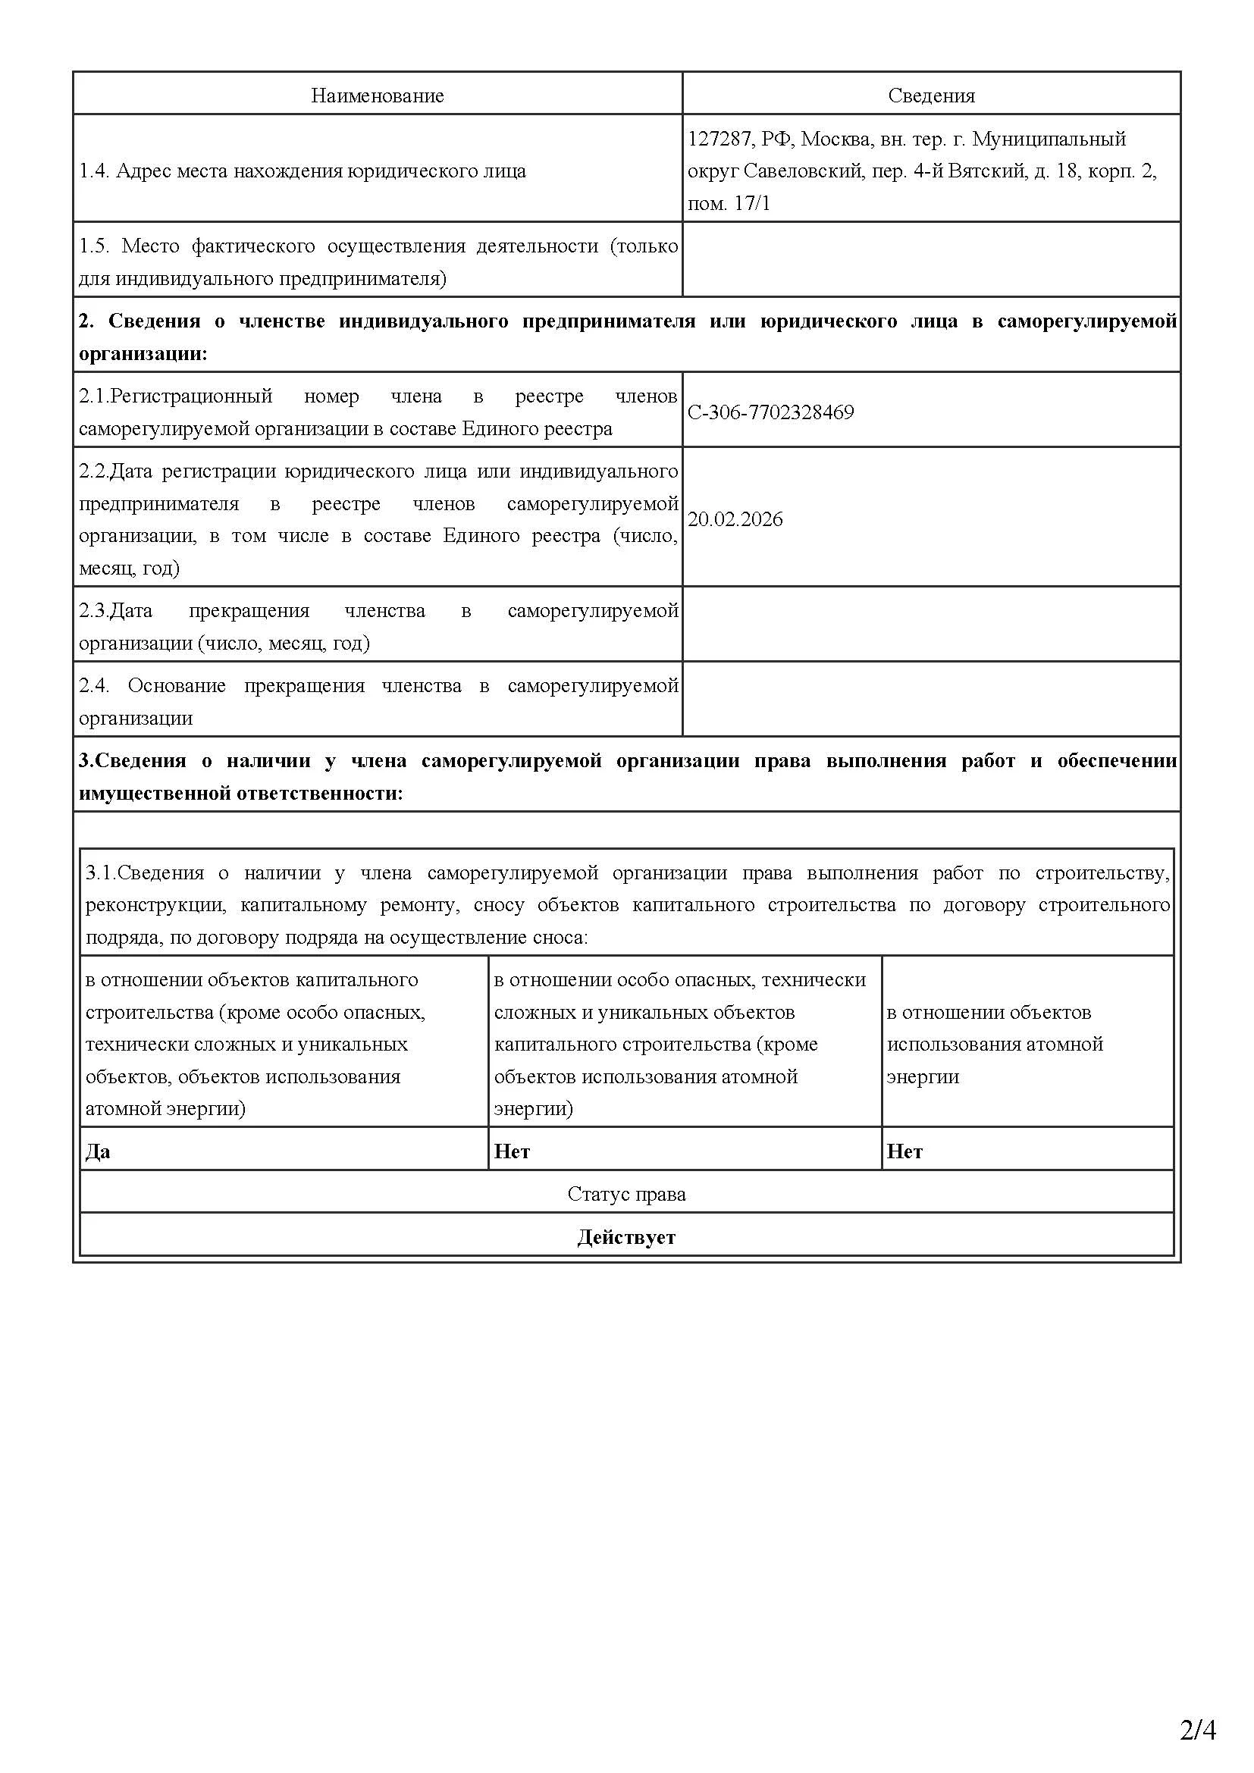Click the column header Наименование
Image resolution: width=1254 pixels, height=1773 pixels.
pos(377,96)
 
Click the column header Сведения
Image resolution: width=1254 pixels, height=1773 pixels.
pos(931,96)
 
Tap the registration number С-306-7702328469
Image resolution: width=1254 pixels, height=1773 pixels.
pos(770,412)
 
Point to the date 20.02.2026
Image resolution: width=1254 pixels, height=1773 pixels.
pos(735,519)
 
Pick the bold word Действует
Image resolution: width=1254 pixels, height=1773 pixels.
pos(626,1237)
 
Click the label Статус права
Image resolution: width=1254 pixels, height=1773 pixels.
pos(626,1194)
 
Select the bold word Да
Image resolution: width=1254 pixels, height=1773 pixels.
pos(98,1151)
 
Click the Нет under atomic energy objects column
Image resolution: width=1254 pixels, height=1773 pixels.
pos(904,1151)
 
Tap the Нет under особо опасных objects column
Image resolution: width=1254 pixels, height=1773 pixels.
pos(512,1151)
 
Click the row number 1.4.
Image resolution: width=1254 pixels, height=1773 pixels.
pos(94,171)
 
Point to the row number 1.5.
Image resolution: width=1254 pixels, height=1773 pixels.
pos(94,246)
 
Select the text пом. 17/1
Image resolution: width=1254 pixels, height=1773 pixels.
pos(729,204)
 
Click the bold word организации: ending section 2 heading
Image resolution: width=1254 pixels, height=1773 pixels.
pos(143,355)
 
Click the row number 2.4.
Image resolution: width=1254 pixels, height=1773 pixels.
pos(94,686)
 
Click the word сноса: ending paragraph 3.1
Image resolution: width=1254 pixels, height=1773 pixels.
pos(561,938)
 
